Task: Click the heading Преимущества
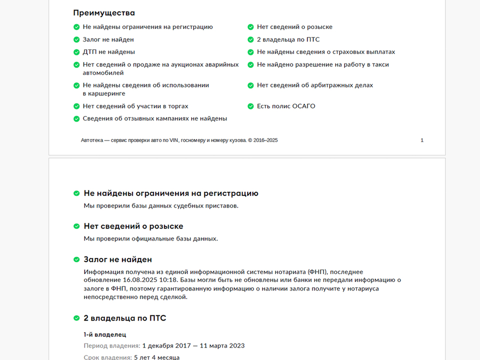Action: point(104,13)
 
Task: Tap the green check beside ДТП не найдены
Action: point(76,52)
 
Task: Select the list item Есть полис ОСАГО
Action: point(286,106)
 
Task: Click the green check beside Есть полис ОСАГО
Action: point(250,106)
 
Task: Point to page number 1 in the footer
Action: point(422,140)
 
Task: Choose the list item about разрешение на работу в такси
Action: point(322,64)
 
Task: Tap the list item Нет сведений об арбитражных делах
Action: point(314,85)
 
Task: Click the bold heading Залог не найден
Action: point(117,259)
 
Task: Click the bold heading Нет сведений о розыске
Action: point(133,226)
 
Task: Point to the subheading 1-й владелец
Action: point(104,334)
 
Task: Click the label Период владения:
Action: point(111,345)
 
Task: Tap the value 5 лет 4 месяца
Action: point(156,357)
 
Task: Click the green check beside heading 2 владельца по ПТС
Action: point(76,318)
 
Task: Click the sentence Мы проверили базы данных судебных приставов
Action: point(161,205)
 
